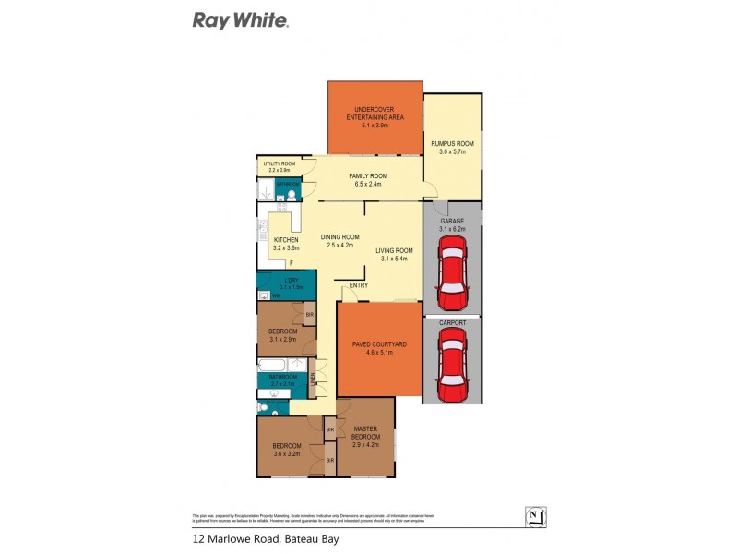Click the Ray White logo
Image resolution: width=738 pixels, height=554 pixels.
(241, 19)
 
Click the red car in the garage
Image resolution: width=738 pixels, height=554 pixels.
(451, 272)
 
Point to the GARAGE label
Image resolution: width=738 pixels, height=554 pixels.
(451, 222)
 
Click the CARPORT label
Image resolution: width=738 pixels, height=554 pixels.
(452, 323)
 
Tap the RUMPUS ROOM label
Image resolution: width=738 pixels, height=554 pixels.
(452, 143)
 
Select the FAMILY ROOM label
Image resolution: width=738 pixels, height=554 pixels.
(367, 175)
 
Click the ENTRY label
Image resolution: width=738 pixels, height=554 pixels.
(358, 285)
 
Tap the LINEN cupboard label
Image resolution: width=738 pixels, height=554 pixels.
(313, 380)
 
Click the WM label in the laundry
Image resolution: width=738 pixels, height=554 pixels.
(276, 295)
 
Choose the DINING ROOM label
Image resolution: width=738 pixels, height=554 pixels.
(339, 236)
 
